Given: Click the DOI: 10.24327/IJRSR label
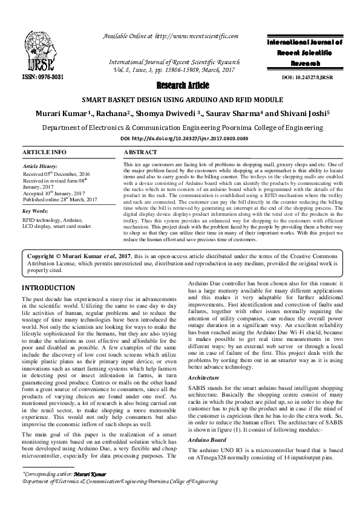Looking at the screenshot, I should [x=309, y=79].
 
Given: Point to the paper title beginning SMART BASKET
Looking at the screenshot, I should [x=179, y=100].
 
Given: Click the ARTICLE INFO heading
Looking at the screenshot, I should [x=44, y=152].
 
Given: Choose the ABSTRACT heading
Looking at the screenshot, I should [x=140, y=152].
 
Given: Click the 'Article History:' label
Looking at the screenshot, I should [x=40, y=166].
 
